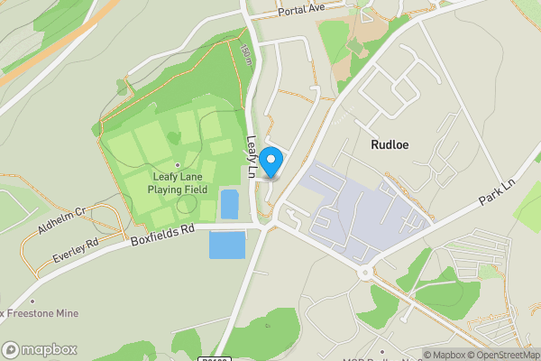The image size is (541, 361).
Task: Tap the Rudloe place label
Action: [392, 143]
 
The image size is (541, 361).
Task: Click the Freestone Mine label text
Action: [41, 313]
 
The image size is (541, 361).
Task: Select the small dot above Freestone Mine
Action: [32, 301]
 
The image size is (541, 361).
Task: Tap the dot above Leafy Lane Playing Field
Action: [178, 165]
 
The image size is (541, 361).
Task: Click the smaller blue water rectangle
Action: [229, 204]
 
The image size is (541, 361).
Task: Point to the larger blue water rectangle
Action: [226, 245]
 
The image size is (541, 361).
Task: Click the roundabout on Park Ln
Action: [365, 271]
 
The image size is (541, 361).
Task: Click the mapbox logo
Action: [40, 349]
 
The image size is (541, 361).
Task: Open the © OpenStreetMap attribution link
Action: [509, 355]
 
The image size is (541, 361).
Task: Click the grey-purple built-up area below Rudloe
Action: [361, 203]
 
